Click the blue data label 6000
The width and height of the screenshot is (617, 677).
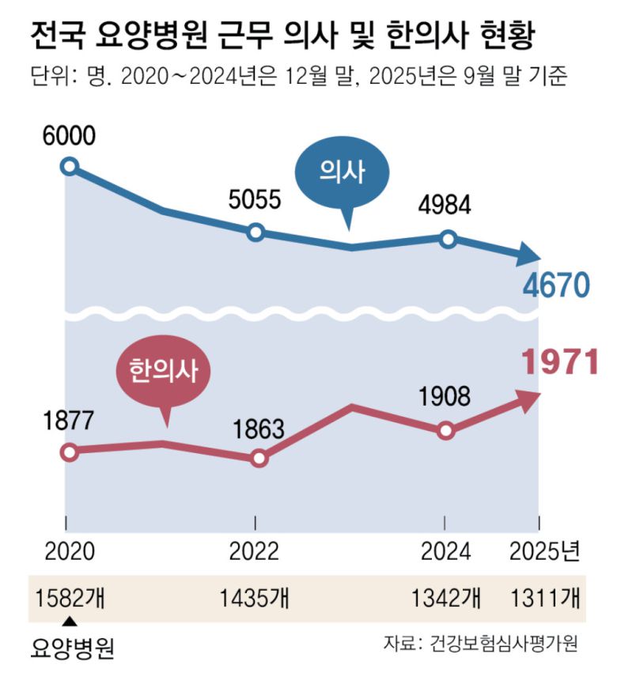pyautogui.click(x=70, y=135)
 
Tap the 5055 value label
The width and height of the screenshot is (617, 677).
pyautogui.click(x=255, y=199)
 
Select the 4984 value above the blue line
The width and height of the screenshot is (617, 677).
pyautogui.click(x=445, y=206)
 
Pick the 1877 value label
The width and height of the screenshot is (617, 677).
pyautogui.click(x=70, y=420)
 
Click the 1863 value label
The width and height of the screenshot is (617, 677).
pyautogui.click(x=258, y=429)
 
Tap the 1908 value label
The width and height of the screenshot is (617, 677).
pyautogui.click(x=445, y=396)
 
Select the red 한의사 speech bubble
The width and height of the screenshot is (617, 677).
pyautogui.click(x=165, y=369)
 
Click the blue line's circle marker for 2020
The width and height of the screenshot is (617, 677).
pyautogui.click(x=70, y=166)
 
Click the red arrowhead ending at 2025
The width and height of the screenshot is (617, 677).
pyautogui.click(x=528, y=402)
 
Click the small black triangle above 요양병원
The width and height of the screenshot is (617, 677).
pyautogui.click(x=70, y=621)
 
